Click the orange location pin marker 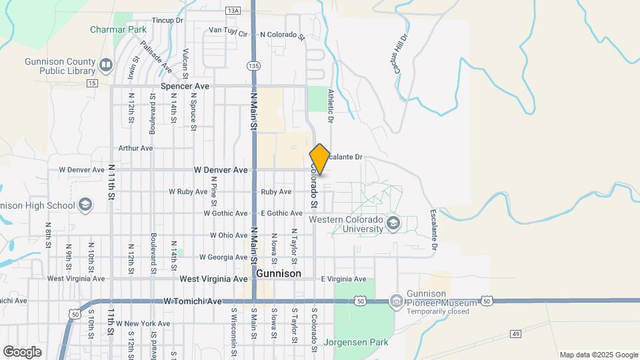[x=319, y=159]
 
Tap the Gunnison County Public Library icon [x=105, y=65]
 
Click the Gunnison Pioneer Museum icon [x=396, y=302]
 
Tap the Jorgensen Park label [x=355, y=343]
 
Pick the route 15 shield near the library [x=92, y=83]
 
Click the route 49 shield [x=496, y=334]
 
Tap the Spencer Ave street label [x=185, y=87]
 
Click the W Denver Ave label [x=220, y=170]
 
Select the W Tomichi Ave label [x=192, y=301]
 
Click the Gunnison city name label [x=278, y=273]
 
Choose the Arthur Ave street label [x=135, y=148]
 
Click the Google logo [x=22, y=351]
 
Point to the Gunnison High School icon [x=85, y=204]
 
